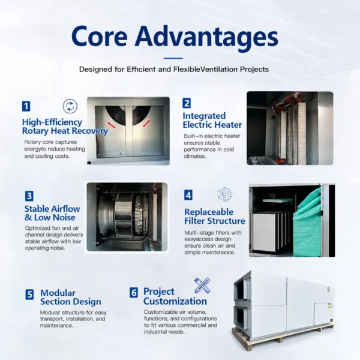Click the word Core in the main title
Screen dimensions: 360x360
(x=100, y=37)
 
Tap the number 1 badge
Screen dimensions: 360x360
(x=26, y=106)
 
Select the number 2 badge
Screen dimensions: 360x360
(x=187, y=103)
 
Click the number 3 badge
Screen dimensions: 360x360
(x=29, y=196)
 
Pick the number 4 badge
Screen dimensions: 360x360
(x=188, y=195)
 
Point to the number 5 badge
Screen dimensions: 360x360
(x=29, y=295)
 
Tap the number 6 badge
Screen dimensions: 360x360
(x=134, y=293)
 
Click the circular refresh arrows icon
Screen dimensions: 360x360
(x=70, y=106)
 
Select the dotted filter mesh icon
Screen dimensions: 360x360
(x=225, y=194)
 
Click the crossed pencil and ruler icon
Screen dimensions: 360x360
(x=202, y=286)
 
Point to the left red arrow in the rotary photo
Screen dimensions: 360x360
(x=112, y=125)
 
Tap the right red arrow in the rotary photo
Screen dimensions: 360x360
(x=146, y=123)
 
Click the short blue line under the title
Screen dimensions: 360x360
(x=173, y=58)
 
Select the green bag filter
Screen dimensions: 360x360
(x=307, y=225)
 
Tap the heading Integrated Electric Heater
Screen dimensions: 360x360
(x=212, y=121)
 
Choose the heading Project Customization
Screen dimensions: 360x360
(x=175, y=296)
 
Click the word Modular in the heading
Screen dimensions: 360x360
(x=58, y=293)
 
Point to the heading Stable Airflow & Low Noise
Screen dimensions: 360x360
(x=52, y=213)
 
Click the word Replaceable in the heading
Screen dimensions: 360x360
(x=209, y=212)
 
